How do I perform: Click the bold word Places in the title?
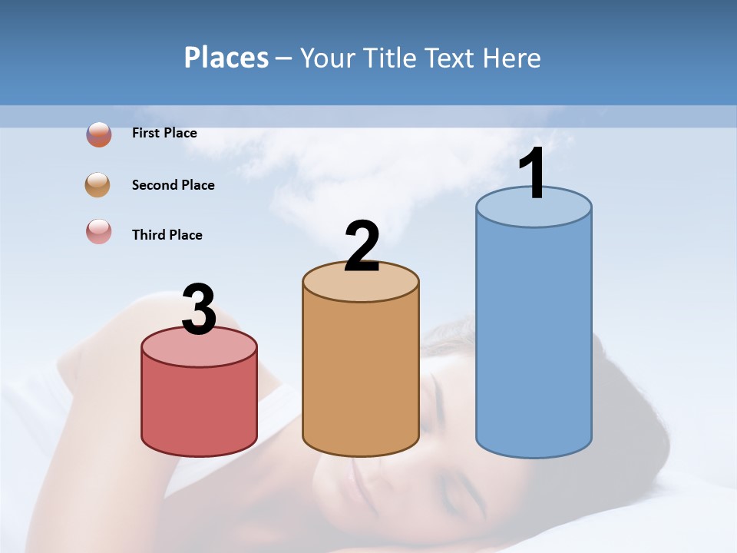point(226,58)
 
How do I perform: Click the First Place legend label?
point(164,133)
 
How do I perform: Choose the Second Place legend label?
point(173,185)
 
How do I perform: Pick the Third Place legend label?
point(167,235)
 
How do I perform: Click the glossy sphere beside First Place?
point(99,134)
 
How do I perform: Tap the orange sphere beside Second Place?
point(98,185)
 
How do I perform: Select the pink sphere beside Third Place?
point(99,231)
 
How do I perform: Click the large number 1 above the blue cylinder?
point(532,174)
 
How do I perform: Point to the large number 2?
point(362,247)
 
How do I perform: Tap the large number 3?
point(199,310)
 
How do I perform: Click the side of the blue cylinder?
point(534,338)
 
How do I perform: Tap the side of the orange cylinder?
point(361,376)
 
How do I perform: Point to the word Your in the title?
point(326,58)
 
